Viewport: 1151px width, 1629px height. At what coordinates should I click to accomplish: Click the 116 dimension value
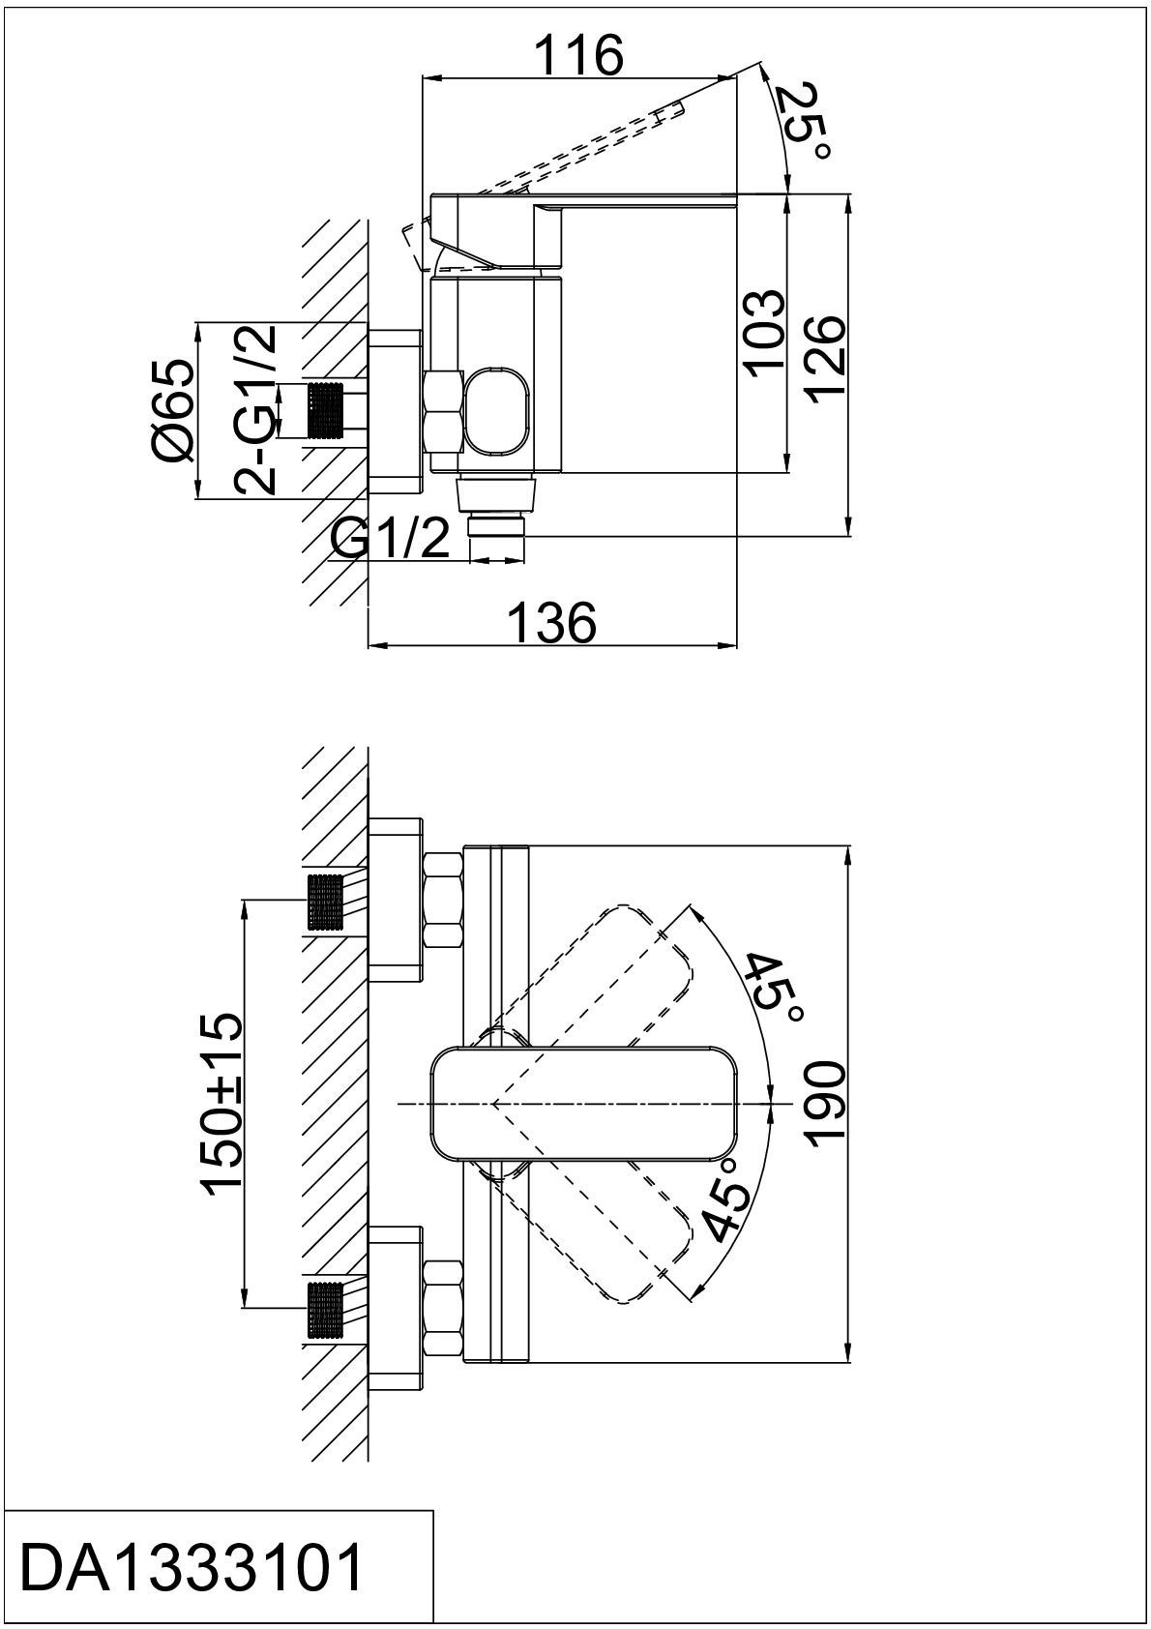[x=578, y=55]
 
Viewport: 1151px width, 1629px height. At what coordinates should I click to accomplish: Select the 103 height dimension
[x=766, y=334]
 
